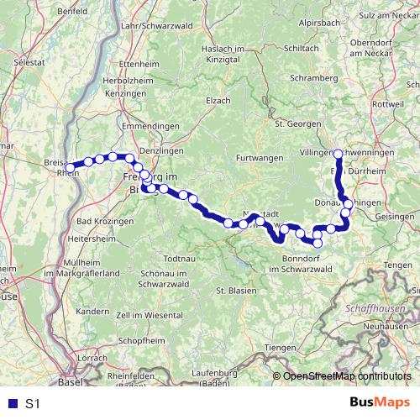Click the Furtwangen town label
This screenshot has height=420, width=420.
[x=257, y=159]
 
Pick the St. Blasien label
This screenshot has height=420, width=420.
[x=236, y=291]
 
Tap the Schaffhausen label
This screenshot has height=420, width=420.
[x=372, y=308]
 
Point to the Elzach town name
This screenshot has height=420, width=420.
[x=218, y=100]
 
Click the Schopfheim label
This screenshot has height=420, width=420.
[x=140, y=342]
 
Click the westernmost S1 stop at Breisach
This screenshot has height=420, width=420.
[x=71, y=167]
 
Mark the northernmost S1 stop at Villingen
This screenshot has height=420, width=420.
[x=338, y=154]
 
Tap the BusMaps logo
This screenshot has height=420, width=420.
[x=380, y=403]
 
